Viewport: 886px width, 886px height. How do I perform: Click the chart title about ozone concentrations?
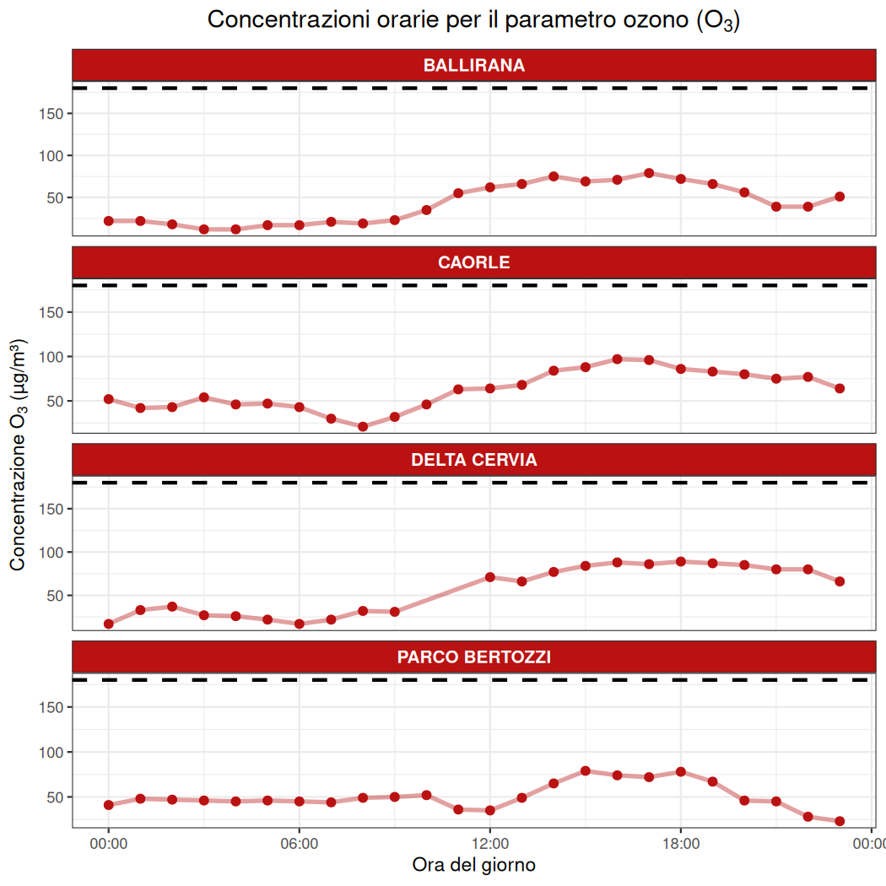point(473,20)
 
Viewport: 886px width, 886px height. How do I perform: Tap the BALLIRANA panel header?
point(473,65)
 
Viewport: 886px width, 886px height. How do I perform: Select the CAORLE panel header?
point(473,262)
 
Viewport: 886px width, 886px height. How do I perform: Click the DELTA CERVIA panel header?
point(473,460)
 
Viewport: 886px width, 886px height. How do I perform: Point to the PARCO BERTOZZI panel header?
point(473,656)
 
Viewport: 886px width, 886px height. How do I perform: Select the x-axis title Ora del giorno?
point(473,865)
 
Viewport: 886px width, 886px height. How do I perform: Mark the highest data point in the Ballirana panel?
point(649,173)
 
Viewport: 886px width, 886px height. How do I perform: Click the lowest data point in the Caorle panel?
point(363,426)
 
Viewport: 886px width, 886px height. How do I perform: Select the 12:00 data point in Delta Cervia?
point(489,577)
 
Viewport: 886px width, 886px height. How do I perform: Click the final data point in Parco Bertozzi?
point(840,821)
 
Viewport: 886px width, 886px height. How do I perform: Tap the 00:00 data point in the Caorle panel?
point(108,399)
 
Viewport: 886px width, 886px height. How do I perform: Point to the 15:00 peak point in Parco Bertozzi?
point(585,770)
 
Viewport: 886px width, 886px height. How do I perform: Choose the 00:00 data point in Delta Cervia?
point(108,624)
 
